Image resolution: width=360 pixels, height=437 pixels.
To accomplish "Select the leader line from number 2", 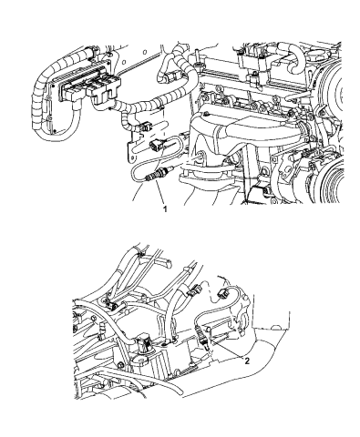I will (x=230, y=351).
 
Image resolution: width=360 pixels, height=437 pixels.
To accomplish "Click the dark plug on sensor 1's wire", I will (x=155, y=143).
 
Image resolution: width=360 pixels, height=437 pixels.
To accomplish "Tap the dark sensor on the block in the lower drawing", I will (x=123, y=345).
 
